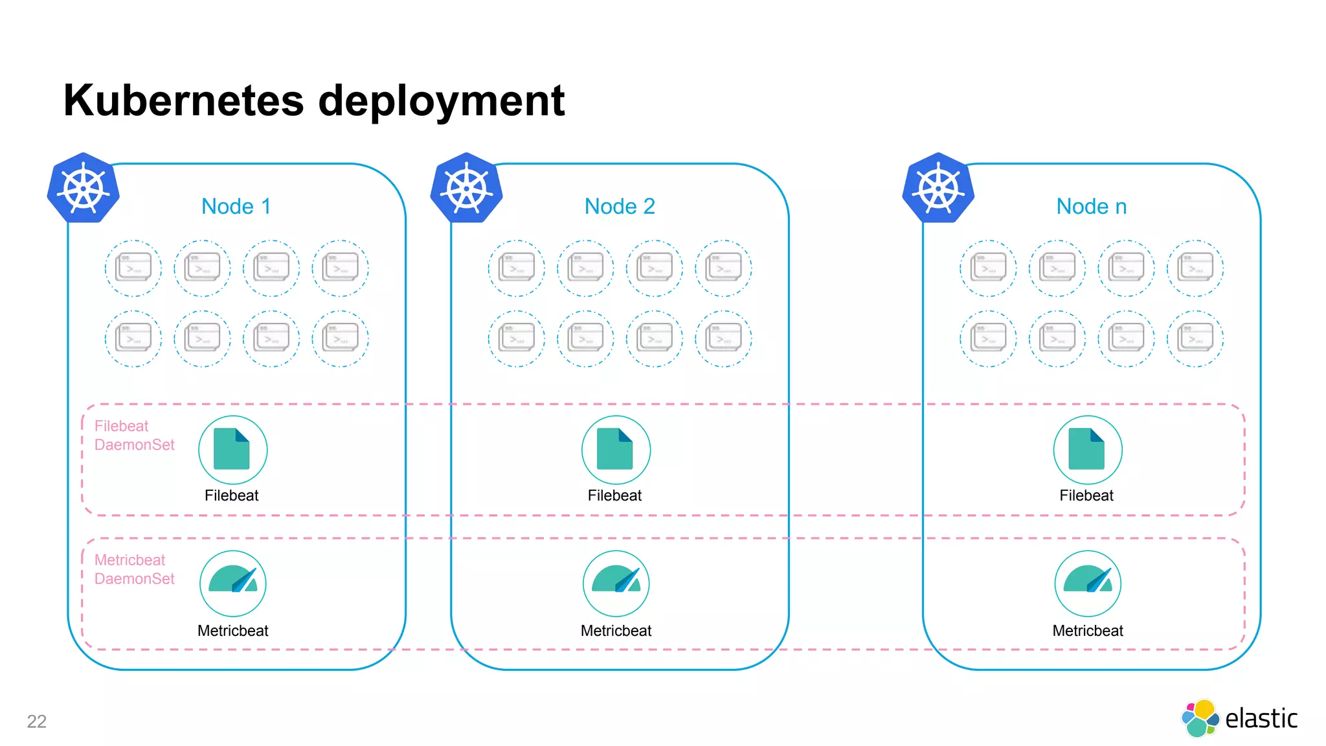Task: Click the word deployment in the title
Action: (x=441, y=102)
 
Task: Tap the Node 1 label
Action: (x=236, y=207)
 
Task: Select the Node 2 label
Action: (x=620, y=207)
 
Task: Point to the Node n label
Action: (x=1092, y=207)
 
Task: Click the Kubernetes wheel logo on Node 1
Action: (x=84, y=188)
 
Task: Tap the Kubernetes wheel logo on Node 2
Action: (x=467, y=188)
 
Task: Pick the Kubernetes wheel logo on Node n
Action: (x=939, y=188)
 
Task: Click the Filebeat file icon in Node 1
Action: (x=232, y=449)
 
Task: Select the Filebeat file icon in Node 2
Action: (x=616, y=449)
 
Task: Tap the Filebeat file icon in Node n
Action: (x=1088, y=449)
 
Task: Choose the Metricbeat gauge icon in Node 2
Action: (x=616, y=583)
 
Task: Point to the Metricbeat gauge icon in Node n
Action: (x=1088, y=583)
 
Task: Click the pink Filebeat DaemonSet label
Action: (x=134, y=435)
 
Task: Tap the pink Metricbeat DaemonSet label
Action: (x=134, y=569)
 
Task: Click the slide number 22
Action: (x=37, y=721)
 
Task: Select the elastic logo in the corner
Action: (x=1239, y=718)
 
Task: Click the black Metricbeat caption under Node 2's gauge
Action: (x=616, y=631)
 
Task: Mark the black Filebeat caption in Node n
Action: (x=1086, y=495)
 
